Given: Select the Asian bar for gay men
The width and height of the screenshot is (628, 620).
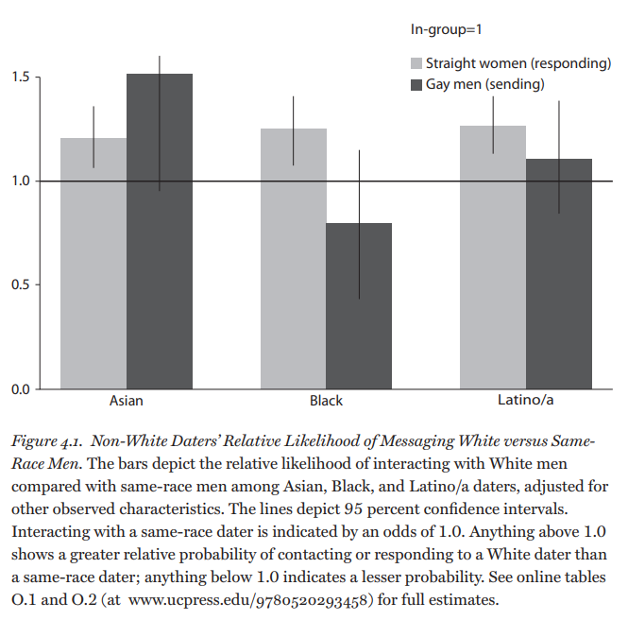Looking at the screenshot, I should pyautogui.click(x=160, y=232).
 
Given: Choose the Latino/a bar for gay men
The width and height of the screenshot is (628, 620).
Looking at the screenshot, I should pyautogui.click(x=559, y=273).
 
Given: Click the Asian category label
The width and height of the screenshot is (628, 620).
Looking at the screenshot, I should pyautogui.click(x=127, y=401).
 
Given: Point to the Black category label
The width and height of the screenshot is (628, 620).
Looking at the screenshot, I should pyautogui.click(x=326, y=401).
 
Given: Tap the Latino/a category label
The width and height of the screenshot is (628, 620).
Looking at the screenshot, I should pyautogui.click(x=525, y=401).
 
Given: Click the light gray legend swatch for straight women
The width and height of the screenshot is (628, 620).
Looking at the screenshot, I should pyautogui.click(x=416, y=64).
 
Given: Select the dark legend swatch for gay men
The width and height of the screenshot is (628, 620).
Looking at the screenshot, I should pyautogui.click(x=416, y=85).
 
